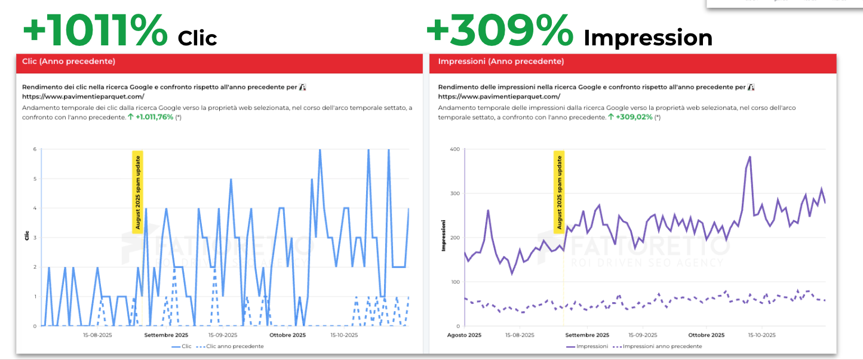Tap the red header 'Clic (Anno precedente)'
point(69,61)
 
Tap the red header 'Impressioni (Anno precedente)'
point(500,61)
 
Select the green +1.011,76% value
point(154,117)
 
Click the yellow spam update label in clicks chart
point(137,192)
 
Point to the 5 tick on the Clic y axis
point(34,179)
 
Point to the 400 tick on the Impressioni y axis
point(453,149)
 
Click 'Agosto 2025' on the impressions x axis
point(464,335)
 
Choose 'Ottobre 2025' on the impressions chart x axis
point(706,335)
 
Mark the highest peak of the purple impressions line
point(750,157)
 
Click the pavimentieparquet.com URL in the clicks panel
point(83,96)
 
